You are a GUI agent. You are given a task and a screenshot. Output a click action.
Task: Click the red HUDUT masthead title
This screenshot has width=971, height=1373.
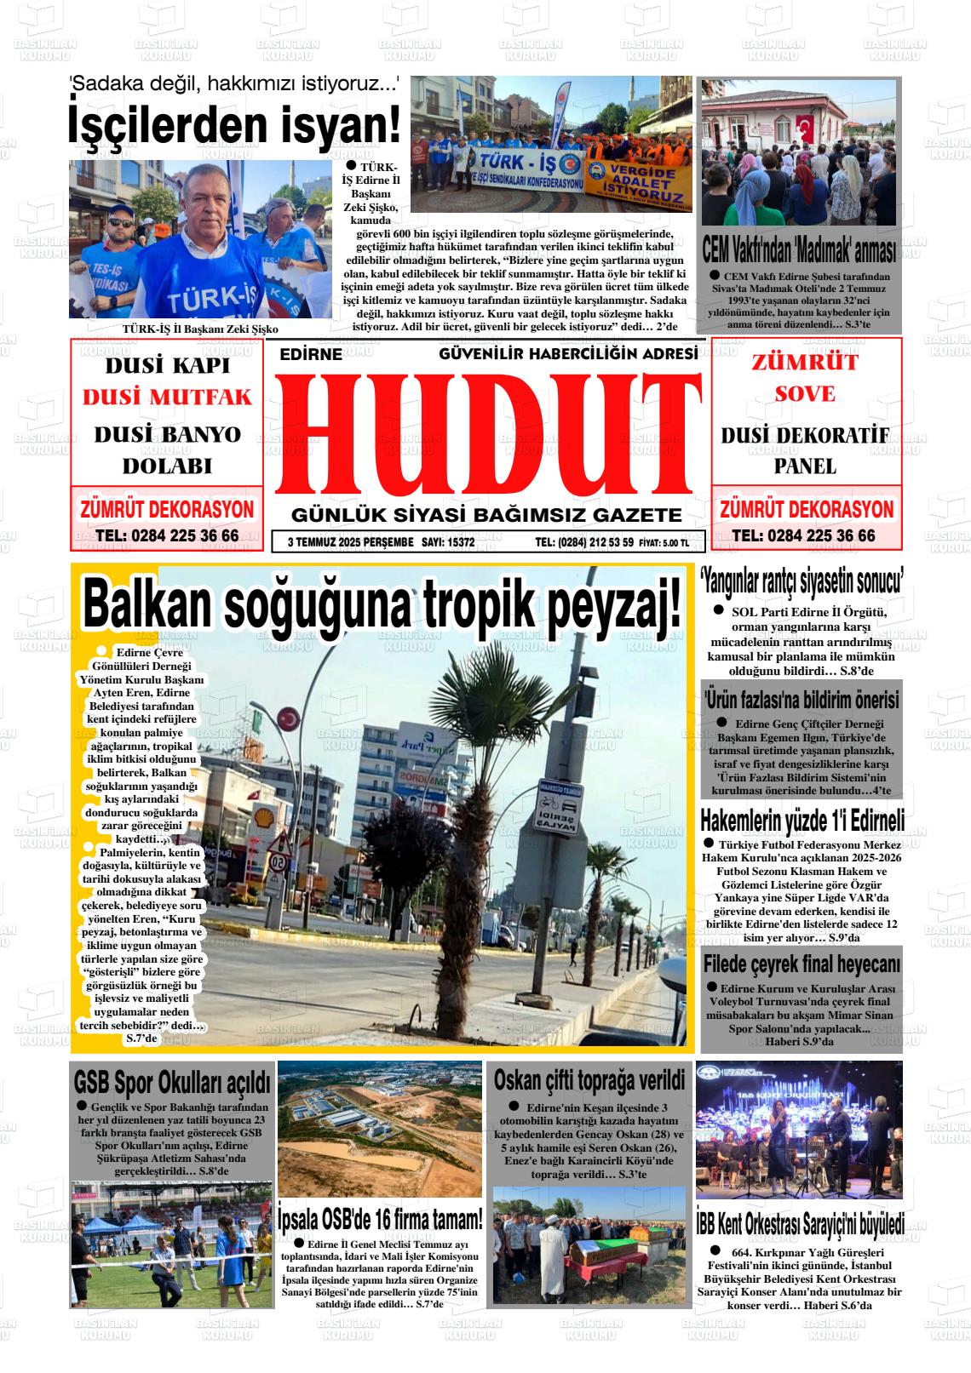point(487,435)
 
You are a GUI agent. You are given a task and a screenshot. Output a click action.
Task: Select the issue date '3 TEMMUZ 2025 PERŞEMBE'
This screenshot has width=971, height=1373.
point(350,542)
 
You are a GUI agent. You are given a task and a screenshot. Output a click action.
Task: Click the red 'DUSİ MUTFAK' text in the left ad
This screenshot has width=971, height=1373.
point(167,398)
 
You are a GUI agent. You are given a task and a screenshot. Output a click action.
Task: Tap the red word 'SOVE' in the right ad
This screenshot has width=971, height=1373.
point(804,394)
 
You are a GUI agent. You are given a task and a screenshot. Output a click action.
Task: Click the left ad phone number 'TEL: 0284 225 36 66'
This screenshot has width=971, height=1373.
point(167,536)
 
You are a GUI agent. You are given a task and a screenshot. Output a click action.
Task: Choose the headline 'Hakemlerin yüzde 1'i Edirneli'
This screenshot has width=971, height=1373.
point(802,821)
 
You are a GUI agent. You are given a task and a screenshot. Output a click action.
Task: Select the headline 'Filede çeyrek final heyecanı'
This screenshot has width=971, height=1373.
point(802,964)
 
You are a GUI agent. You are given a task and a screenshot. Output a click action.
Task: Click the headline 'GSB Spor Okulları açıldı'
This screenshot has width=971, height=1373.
point(172,1083)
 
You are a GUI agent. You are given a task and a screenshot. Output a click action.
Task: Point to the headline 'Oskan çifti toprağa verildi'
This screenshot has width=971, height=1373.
point(589,1081)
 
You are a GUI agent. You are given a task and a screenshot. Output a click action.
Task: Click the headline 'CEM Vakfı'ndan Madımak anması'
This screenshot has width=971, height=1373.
point(799,252)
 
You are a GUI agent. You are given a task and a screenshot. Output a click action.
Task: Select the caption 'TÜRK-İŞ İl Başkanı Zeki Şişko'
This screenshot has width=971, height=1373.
point(200,329)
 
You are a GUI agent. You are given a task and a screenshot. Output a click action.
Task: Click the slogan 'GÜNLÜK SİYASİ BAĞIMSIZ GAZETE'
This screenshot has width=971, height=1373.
point(486,516)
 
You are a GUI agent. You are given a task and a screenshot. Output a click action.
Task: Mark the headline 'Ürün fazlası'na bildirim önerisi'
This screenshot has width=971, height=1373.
point(802,700)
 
